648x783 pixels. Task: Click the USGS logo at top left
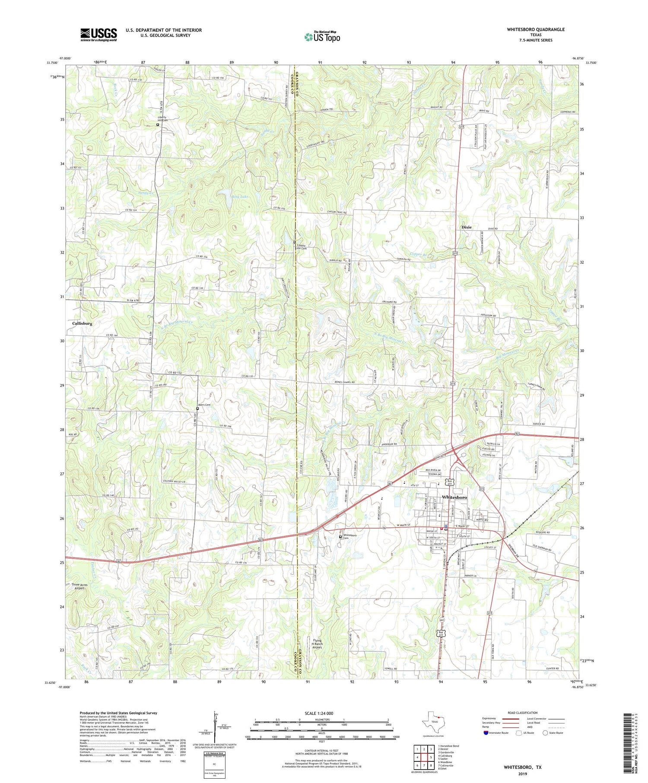98,35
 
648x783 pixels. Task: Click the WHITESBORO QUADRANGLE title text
530,29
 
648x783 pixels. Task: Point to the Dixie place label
467,227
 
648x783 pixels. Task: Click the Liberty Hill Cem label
162,119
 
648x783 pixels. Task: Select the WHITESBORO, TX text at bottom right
522,767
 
